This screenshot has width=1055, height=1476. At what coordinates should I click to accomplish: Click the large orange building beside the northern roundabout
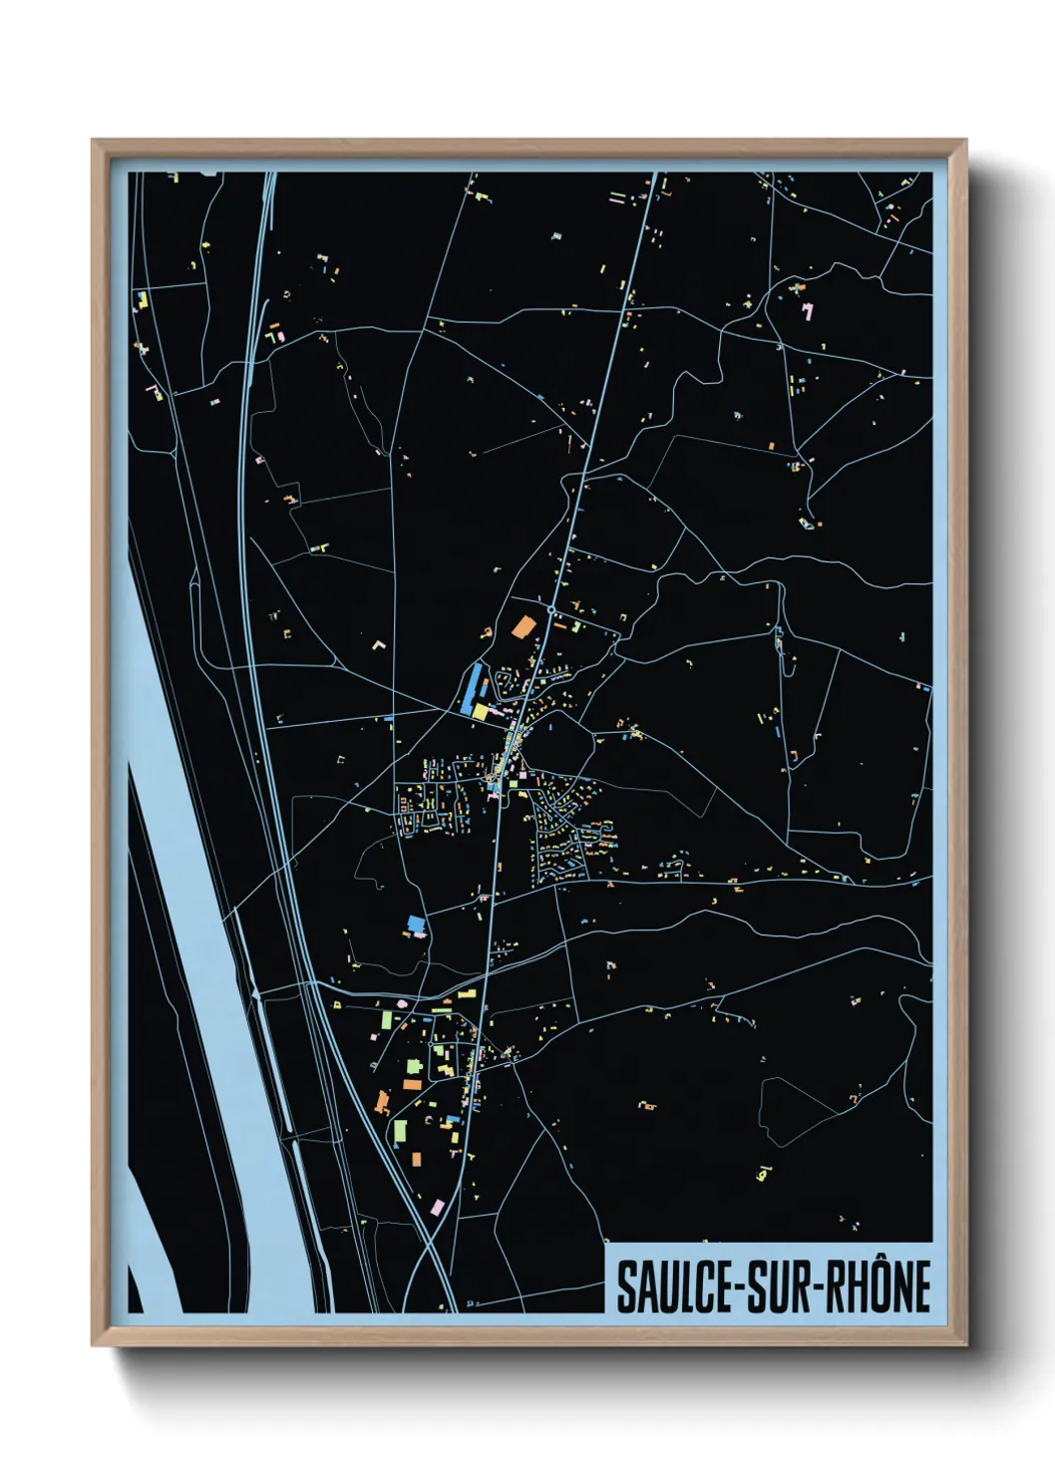click(523, 627)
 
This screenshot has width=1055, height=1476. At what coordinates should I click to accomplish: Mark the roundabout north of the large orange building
click(550, 607)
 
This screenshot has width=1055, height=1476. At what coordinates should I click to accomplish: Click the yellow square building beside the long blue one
click(480, 711)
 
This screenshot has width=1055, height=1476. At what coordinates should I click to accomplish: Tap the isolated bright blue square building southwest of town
click(416, 922)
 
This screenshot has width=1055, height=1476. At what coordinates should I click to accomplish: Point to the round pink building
click(402, 1002)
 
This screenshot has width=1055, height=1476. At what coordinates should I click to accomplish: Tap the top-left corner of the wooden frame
click(93, 141)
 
